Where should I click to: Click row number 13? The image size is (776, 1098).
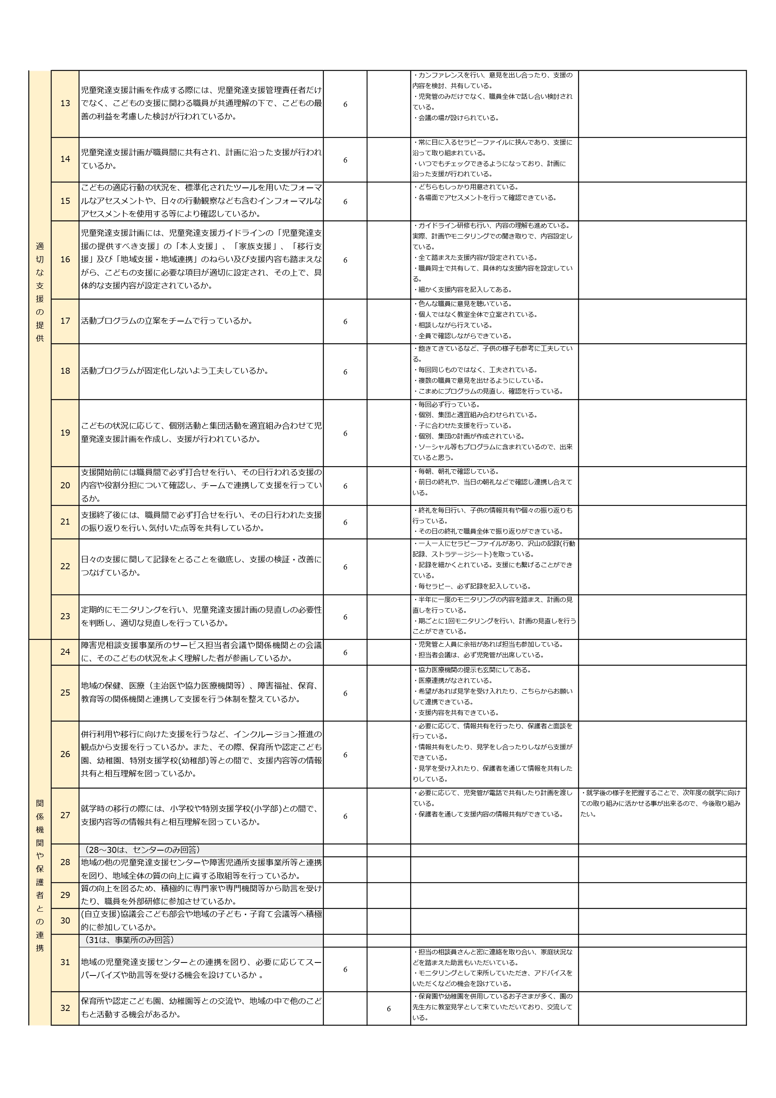(65, 103)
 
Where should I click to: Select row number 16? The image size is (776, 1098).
(65, 259)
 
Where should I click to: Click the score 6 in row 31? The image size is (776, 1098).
(345, 969)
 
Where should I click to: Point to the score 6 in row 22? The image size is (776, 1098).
(345, 567)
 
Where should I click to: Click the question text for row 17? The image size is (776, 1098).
(167, 321)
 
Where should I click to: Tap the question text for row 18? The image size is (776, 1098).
(174, 371)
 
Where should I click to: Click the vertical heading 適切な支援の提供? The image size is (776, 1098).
(40, 292)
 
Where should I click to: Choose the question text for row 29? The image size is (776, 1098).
(201, 895)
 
